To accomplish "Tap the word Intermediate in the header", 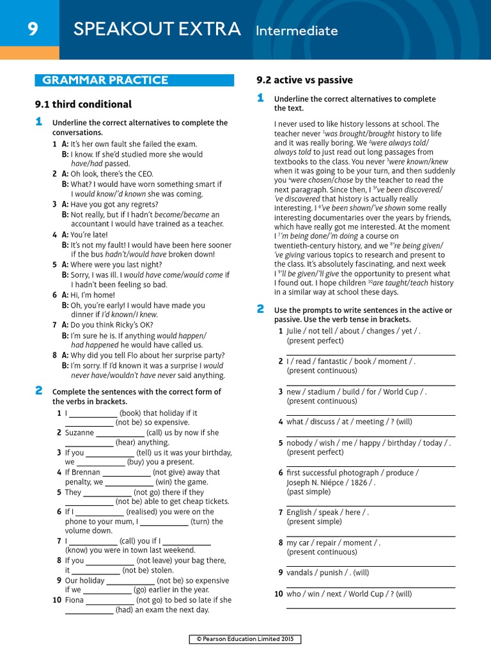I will [297, 30].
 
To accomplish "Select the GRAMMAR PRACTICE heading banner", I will [105, 80].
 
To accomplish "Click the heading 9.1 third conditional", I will [83, 104].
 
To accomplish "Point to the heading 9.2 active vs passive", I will [304, 80].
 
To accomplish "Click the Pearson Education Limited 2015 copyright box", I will [245, 639].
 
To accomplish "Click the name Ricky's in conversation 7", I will [139, 325].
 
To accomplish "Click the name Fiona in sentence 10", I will [74, 601].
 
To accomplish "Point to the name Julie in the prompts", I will [294, 331].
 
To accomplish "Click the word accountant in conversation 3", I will [91, 224].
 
